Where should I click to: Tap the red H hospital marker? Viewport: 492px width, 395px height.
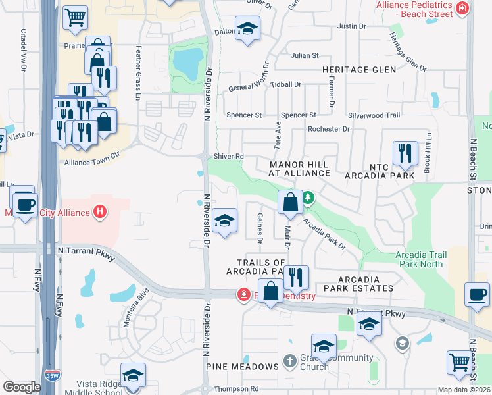tap(99, 212)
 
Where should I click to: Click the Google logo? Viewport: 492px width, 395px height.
tap(22, 387)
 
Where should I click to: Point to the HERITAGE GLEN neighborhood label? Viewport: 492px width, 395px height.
tap(358, 70)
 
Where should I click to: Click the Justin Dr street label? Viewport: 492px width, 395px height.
tap(351, 26)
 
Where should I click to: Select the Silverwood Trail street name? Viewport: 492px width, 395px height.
tap(374, 115)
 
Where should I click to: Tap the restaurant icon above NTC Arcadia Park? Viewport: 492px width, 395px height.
tap(405, 153)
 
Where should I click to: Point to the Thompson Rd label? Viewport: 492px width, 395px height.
tap(235, 389)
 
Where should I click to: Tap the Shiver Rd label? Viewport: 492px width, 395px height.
tap(228, 156)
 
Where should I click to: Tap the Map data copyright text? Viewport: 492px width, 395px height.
tap(464, 390)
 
